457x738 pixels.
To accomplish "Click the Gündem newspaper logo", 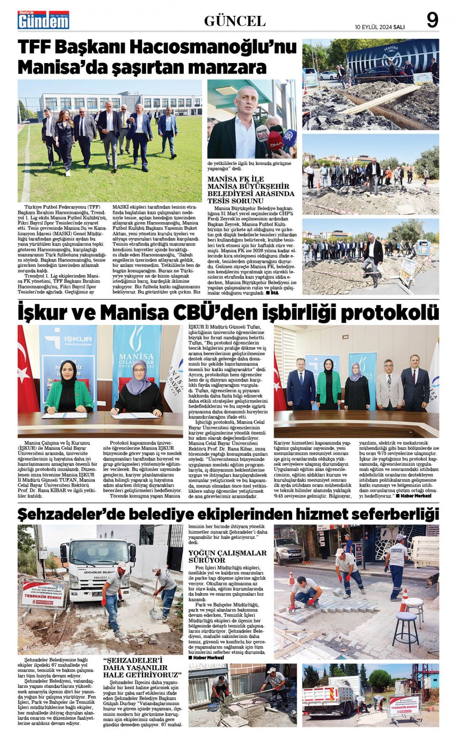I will tap(43, 20).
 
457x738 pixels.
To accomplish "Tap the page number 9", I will tap(432, 21).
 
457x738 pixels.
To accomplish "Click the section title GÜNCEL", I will tap(234, 21).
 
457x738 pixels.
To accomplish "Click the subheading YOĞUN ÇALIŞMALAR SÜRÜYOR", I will tap(227, 556).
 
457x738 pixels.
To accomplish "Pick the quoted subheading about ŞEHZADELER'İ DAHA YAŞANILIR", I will tap(142, 668).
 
